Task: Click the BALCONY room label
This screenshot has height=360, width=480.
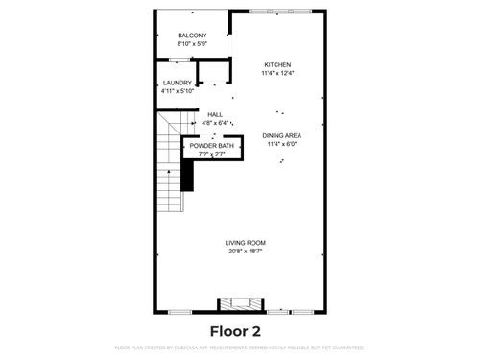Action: coord(193,36)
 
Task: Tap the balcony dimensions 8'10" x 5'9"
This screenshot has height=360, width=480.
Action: coord(193,44)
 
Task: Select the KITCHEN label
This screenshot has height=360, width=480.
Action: coord(277,64)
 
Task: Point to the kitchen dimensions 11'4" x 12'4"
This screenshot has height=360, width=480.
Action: coord(277,73)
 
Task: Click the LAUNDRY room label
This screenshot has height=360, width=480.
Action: coord(178,83)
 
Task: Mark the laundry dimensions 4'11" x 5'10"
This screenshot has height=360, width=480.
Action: coord(178,91)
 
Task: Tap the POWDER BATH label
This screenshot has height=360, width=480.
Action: coord(211,145)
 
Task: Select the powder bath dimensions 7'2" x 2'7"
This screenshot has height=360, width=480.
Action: coord(211,154)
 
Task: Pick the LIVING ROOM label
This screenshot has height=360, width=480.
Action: coord(246,242)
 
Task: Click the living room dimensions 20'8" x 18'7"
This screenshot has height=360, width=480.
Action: coord(246,251)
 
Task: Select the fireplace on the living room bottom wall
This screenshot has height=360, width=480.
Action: coord(240,305)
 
